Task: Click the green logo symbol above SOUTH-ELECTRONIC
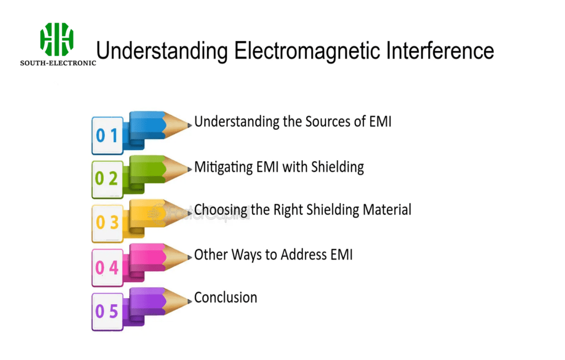pyautogui.click(x=57, y=39)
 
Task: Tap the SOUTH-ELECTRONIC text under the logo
pyautogui.click(x=58, y=63)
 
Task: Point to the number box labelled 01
pyautogui.click(x=107, y=135)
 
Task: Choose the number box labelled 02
pyautogui.click(x=107, y=179)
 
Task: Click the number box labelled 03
pyautogui.click(x=107, y=223)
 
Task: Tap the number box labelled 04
pyautogui.click(x=107, y=267)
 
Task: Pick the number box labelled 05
pyautogui.click(x=107, y=311)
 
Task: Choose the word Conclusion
pyautogui.click(x=226, y=298)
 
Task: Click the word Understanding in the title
pyautogui.click(x=162, y=51)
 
